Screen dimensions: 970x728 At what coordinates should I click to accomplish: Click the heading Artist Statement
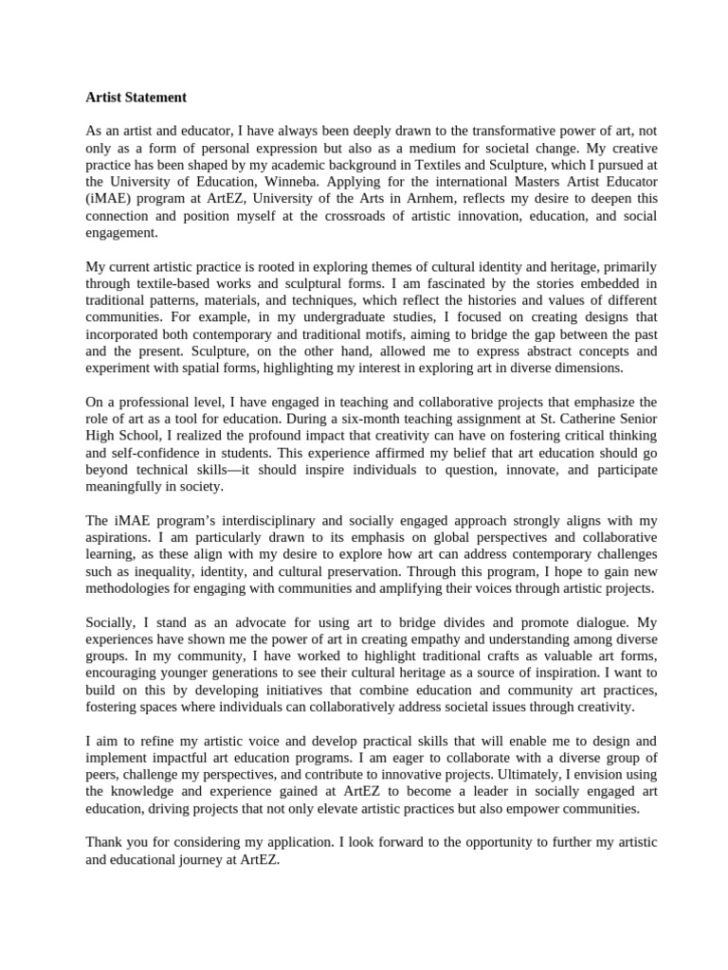point(136,98)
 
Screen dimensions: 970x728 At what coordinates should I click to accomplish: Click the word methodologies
point(135,588)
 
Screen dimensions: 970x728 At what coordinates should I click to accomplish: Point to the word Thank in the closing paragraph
point(104,841)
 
